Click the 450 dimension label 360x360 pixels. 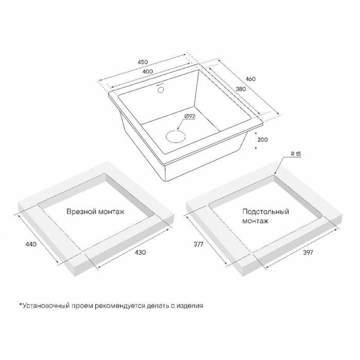[143, 62]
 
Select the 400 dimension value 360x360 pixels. [148, 72]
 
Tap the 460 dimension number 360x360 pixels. [251, 79]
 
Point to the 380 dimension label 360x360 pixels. [241, 89]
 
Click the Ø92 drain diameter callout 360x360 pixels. [189, 117]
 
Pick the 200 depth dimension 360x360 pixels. [262, 139]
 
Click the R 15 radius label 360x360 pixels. [296, 154]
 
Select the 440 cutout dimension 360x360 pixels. [31, 244]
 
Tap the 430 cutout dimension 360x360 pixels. [140, 252]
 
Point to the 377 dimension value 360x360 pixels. [198, 244]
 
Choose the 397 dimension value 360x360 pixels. [308, 252]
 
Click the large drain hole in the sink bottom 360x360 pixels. [175, 136]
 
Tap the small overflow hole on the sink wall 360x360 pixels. [161, 89]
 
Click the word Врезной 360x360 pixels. [81, 211]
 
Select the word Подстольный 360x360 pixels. [265, 211]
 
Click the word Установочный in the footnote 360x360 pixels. [46, 306]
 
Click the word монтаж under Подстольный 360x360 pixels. [255, 221]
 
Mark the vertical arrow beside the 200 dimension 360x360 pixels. [256, 140]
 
